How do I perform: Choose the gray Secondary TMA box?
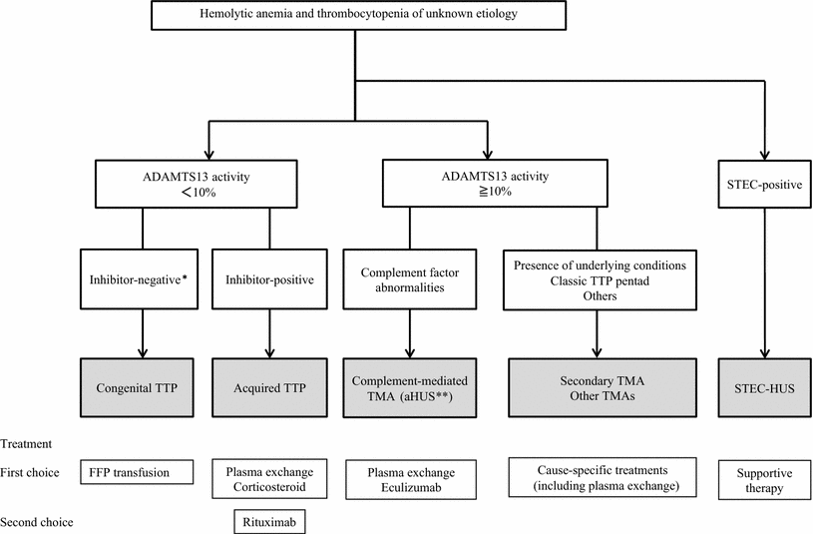coord(598,387)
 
